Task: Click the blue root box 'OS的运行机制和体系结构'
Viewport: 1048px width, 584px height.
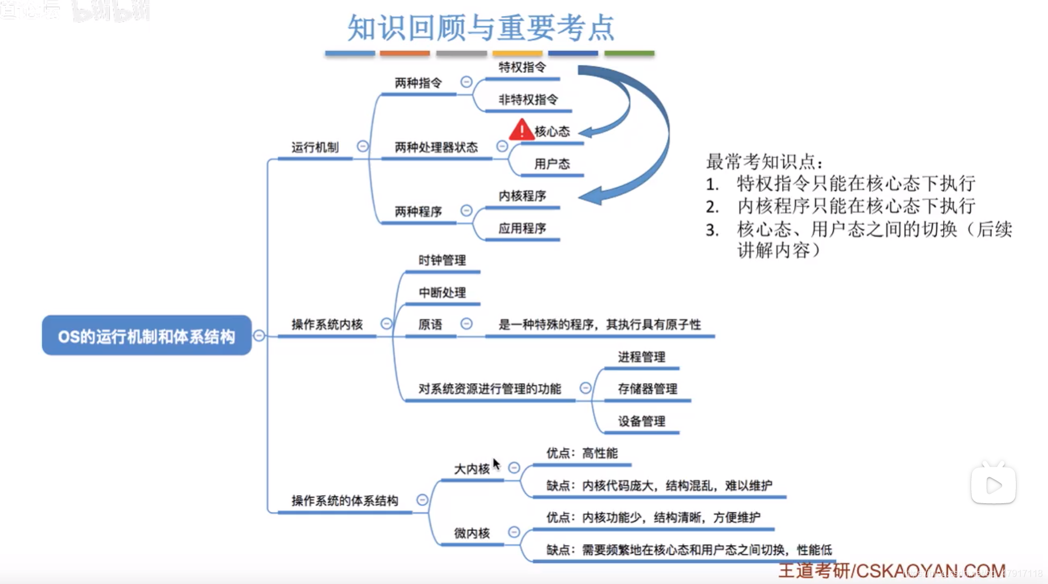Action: [147, 335]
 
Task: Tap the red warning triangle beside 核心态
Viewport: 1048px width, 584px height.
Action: [521, 130]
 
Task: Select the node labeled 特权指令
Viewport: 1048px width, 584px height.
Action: [522, 68]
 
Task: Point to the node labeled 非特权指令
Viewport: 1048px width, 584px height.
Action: [528, 100]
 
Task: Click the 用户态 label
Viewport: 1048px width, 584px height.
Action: [552, 164]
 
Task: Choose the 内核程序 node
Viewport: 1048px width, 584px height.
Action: [522, 196]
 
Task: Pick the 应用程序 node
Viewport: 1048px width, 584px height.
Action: [522, 228]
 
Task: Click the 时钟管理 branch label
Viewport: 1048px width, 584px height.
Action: [442, 260]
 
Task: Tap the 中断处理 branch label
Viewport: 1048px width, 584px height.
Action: [442, 293]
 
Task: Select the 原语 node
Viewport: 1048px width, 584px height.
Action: [430, 325]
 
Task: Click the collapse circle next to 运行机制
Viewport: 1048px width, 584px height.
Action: [363, 146]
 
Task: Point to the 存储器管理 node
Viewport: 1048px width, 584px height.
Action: [647, 389]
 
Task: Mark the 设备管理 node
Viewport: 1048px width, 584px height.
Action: [641, 421]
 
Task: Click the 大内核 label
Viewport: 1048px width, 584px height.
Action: [472, 469]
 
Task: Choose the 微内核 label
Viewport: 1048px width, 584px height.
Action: [472, 533]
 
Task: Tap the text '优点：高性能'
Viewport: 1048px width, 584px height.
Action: [582, 453]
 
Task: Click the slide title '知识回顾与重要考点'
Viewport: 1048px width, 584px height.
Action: [481, 28]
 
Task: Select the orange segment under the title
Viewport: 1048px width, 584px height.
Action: [405, 53]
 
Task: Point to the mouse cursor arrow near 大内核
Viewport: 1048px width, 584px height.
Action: [496, 464]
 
